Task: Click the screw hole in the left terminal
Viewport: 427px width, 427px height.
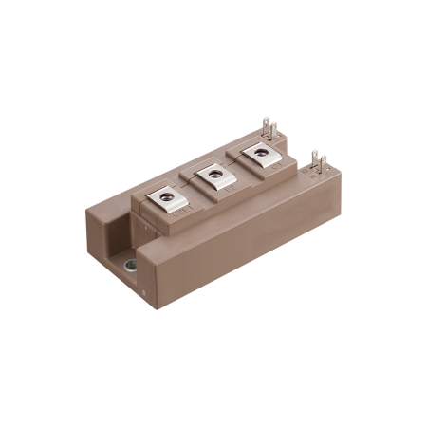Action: tap(167, 196)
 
